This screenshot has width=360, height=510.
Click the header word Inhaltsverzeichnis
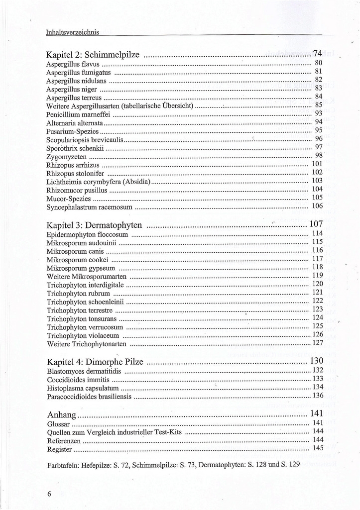pyautogui.click(x=73, y=32)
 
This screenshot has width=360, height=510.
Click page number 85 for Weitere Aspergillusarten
pyautogui.click(x=319, y=105)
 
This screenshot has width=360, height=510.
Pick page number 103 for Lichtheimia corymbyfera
pyautogui.click(x=317, y=181)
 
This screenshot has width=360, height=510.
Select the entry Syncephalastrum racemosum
pyautogui.click(x=89, y=206)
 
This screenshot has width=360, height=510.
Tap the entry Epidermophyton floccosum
pyautogui.click(x=87, y=234)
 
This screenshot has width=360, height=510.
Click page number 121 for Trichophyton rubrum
pyautogui.click(x=317, y=292)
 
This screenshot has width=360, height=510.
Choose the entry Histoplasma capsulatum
pyautogui.click(x=82, y=388)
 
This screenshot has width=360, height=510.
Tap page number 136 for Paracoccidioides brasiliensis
pyautogui.click(x=317, y=396)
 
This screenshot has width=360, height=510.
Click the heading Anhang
pyautogui.click(x=61, y=414)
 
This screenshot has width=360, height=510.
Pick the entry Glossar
pyautogui.click(x=58, y=424)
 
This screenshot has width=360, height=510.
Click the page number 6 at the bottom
pyautogui.click(x=49, y=494)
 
